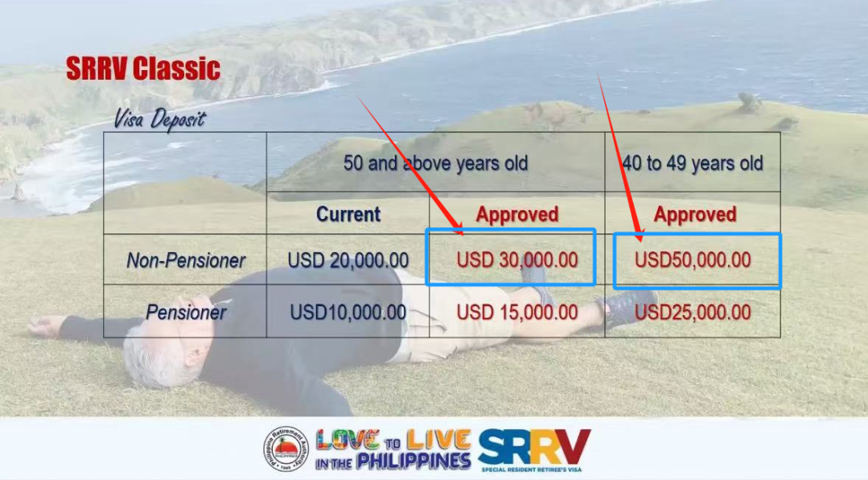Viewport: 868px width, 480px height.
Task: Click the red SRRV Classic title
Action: [x=143, y=68]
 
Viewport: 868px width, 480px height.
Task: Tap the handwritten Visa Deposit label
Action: [x=159, y=119]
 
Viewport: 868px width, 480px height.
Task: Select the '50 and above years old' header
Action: [x=436, y=163]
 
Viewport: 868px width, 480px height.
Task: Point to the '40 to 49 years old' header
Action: [x=693, y=163]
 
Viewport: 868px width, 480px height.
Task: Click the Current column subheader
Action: [x=348, y=214]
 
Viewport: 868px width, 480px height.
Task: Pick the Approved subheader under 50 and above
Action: [x=517, y=214]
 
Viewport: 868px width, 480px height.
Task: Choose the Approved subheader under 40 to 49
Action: [x=695, y=214]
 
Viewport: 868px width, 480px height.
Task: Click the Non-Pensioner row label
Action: [x=186, y=260]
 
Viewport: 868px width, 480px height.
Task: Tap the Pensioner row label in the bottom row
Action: [x=186, y=312]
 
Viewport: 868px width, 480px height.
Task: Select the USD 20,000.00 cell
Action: [x=348, y=260]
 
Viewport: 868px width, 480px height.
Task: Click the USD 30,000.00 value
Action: [x=517, y=260]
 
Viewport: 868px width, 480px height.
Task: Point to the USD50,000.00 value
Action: [x=693, y=260]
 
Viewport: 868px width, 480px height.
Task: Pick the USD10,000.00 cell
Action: [x=348, y=312]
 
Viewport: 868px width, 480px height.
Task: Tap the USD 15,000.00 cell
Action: [x=517, y=312]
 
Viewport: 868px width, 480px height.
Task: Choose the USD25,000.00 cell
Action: [x=693, y=312]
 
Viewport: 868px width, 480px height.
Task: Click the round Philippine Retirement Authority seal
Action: [x=286, y=449]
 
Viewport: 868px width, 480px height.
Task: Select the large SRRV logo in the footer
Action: [x=534, y=448]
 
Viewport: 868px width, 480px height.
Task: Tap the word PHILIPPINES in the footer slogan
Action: [x=414, y=461]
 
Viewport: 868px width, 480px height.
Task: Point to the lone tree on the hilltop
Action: [x=750, y=102]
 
